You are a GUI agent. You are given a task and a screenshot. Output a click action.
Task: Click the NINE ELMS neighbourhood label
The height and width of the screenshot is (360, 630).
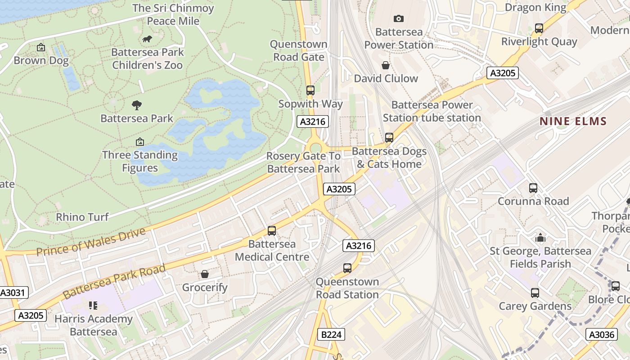click(x=573, y=121)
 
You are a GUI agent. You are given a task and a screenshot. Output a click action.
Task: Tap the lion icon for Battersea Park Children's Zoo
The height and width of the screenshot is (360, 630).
click(x=147, y=39)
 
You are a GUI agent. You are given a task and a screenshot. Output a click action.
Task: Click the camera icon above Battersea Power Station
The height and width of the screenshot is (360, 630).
click(x=398, y=18)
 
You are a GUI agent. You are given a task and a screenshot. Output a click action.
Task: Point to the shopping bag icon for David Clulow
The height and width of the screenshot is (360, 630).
click(x=386, y=65)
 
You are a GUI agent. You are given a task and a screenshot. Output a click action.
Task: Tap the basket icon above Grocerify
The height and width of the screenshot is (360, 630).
click(x=205, y=274)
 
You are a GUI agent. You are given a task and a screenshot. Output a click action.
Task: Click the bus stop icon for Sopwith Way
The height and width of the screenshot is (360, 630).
click(x=310, y=90)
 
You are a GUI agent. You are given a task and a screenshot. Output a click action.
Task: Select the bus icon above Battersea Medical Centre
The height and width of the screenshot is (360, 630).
click(x=272, y=231)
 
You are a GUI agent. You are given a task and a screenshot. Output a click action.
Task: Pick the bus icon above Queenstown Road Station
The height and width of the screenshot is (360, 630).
click(x=347, y=268)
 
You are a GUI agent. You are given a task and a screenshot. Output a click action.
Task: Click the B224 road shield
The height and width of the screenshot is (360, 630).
click(x=331, y=334)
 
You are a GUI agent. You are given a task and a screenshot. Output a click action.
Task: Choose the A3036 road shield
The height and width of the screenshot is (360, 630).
click(x=602, y=334)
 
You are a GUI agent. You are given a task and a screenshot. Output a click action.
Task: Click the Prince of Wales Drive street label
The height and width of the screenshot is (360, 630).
click(x=91, y=242)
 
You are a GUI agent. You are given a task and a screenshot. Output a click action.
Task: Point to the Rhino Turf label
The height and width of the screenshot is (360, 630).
click(x=82, y=217)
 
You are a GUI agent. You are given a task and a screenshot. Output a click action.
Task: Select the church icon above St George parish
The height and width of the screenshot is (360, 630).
click(x=540, y=238)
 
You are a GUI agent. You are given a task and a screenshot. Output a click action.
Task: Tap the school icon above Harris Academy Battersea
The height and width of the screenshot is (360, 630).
click(x=93, y=306)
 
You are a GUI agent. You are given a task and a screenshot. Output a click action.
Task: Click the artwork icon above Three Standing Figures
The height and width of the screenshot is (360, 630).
click(x=140, y=142)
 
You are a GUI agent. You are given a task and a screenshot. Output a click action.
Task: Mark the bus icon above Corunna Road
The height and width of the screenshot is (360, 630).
click(x=533, y=188)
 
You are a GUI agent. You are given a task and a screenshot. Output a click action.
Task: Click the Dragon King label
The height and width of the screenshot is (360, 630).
click(x=535, y=7)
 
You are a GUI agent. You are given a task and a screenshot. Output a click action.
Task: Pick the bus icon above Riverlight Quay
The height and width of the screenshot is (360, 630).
click(x=539, y=28)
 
